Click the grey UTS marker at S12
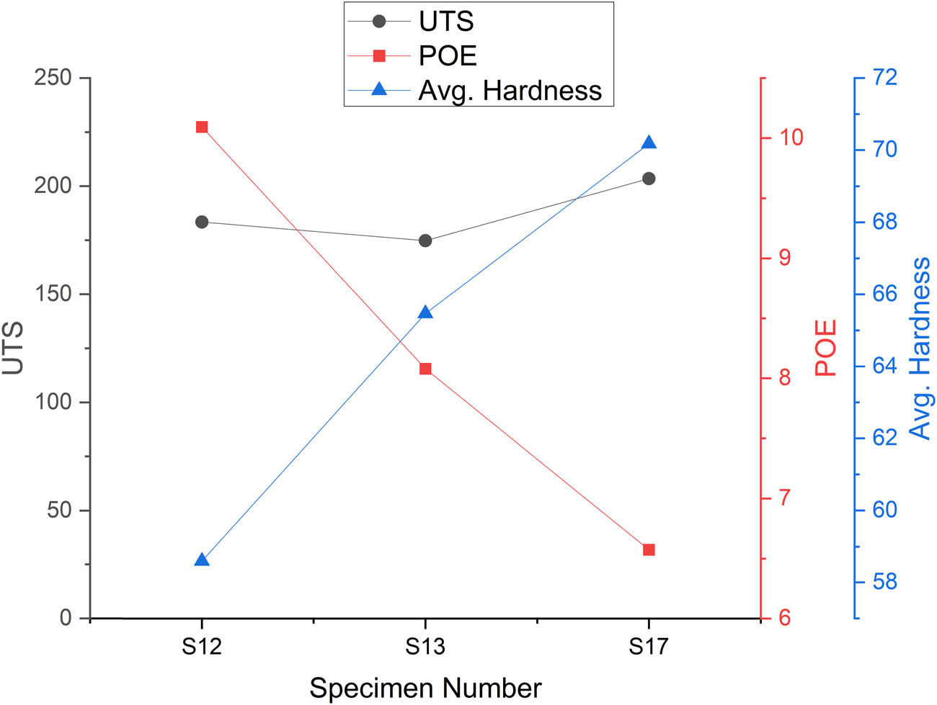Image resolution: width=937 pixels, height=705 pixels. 202,222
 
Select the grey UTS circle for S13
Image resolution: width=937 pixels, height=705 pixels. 425,241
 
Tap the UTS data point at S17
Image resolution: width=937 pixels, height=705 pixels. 649,179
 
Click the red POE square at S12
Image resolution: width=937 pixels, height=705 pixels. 202,127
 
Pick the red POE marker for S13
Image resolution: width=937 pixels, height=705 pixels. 425,369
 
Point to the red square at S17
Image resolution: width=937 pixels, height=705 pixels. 649,549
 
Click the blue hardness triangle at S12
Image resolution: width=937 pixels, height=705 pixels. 202,560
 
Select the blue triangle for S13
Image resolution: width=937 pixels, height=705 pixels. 425,313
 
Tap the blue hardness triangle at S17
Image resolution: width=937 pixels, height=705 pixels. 649,143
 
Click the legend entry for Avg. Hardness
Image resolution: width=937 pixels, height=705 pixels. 510,91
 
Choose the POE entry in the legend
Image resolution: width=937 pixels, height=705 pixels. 447,56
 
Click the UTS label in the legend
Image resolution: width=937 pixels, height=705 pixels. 446,22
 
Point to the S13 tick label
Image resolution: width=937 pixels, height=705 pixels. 425,646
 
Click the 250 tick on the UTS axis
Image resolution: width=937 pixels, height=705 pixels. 53,77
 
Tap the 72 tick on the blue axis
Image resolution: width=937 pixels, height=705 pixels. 884,77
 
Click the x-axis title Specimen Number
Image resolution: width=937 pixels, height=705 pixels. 425,688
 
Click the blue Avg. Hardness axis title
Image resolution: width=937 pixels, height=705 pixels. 920,348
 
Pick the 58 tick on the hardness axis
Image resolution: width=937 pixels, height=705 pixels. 884,582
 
